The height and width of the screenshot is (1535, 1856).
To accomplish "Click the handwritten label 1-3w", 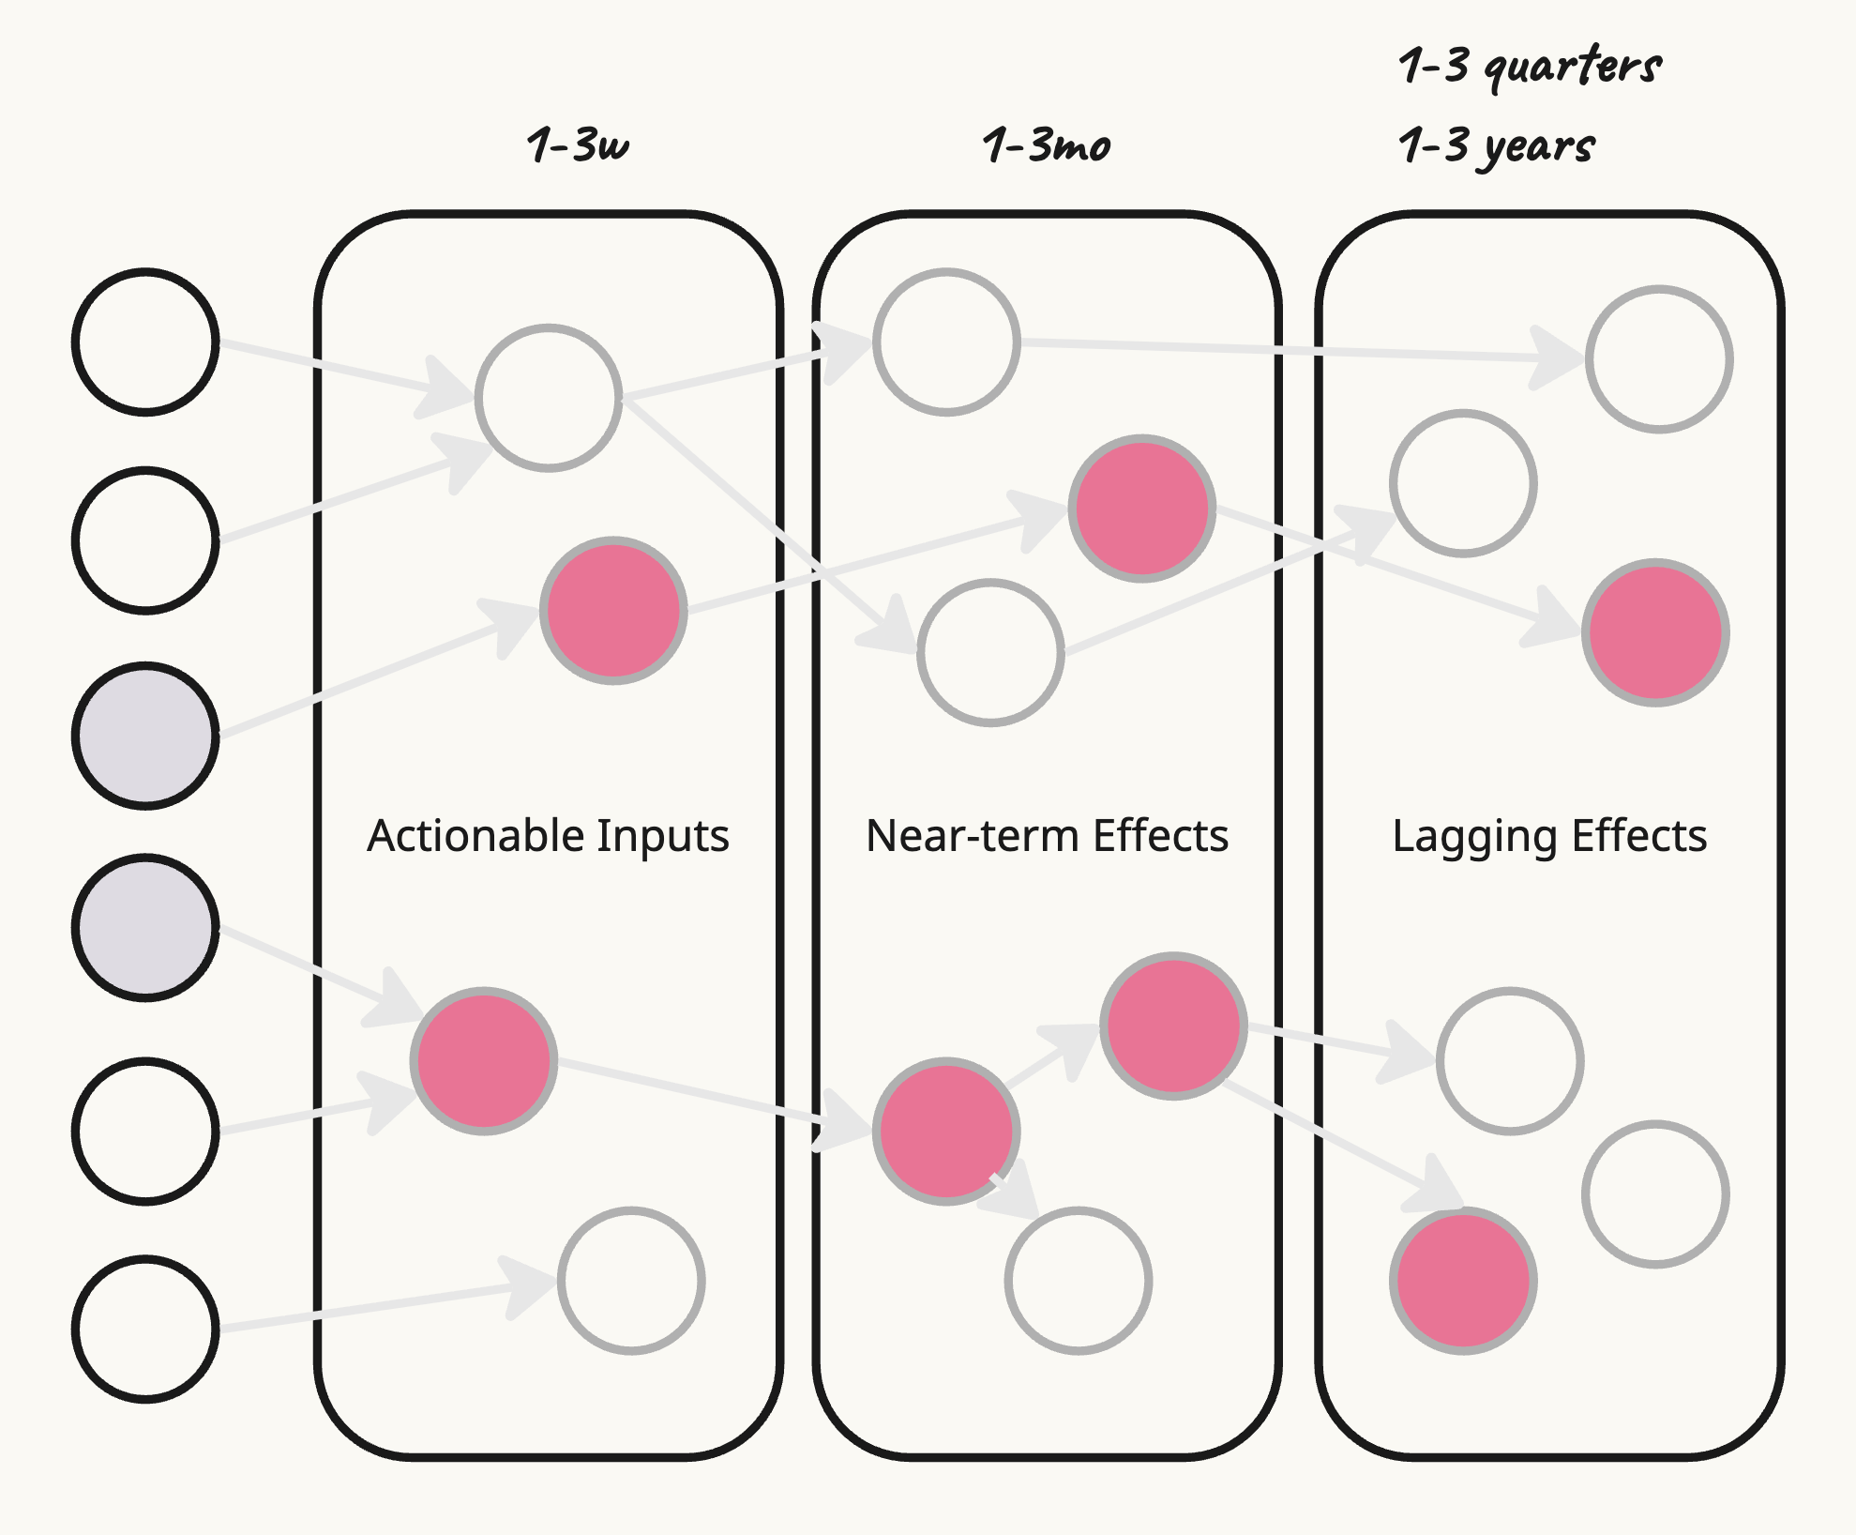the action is point(578,145).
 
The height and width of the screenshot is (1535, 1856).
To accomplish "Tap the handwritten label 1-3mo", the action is point(1046,145).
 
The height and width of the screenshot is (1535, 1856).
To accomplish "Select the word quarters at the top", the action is point(1573,66).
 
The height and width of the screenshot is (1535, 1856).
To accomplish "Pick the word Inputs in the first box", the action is point(662,835).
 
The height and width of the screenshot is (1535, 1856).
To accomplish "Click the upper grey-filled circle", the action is point(146,736).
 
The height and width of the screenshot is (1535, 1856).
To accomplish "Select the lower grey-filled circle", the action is point(146,927).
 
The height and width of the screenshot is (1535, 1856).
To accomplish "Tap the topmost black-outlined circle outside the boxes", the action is point(146,342).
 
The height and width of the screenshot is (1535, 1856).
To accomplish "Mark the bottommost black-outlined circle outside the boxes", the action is point(146,1329).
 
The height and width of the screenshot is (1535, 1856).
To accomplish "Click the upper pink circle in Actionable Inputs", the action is point(613,611).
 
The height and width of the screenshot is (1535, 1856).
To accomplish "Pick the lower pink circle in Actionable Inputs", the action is point(484,1061).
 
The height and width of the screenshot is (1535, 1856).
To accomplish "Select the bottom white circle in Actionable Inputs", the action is point(631,1281).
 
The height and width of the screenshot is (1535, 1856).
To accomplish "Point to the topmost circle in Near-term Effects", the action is point(946,342).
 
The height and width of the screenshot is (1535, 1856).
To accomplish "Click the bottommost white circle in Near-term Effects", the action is point(1079,1281).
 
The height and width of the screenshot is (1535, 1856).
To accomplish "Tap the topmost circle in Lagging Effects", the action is point(1659,358).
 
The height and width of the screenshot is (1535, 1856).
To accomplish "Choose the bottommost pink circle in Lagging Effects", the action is point(1463,1281).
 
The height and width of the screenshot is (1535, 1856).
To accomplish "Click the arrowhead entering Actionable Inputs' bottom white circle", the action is point(531,1285).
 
